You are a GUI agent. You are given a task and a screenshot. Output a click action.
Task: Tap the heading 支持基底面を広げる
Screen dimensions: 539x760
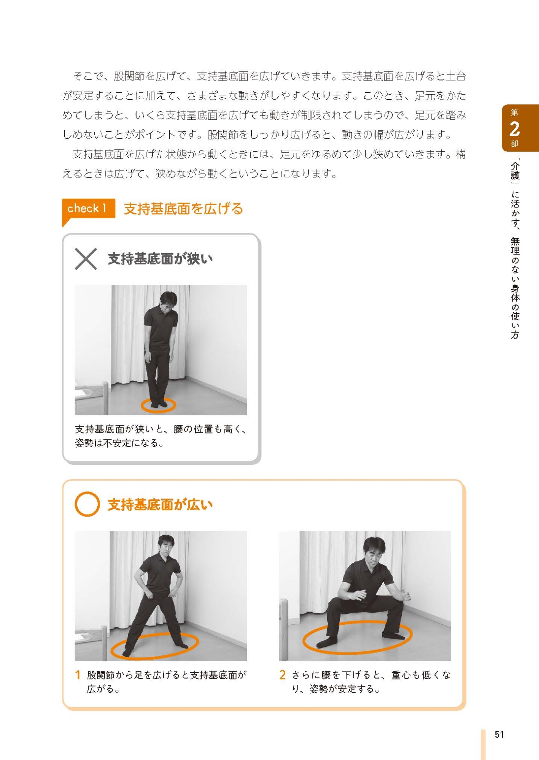(x=183, y=209)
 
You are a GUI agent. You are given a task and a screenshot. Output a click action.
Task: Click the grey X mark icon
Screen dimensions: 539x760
(x=86, y=259)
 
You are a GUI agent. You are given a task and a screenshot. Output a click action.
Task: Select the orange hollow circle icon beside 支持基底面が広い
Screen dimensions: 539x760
(x=87, y=504)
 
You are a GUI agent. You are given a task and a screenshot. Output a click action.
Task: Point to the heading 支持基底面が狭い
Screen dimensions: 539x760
(x=160, y=259)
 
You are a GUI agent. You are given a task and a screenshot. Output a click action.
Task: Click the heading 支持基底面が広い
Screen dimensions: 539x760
(x=160, y=505)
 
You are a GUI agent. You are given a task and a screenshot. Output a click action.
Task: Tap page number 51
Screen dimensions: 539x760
(x=499, y=735)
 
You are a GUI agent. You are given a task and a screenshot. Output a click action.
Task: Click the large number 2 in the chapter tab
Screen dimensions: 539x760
(x=514, y=129)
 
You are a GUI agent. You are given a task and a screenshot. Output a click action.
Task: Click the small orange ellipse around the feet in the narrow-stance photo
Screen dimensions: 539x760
(x=158, y=405)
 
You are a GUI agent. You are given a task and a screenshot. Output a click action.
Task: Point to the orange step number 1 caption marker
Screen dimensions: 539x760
(x=78, y=675)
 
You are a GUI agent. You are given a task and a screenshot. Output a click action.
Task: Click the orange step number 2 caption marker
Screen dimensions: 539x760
(x=282, y=675)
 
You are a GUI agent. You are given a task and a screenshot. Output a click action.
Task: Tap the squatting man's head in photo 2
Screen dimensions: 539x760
(x=374, y=550)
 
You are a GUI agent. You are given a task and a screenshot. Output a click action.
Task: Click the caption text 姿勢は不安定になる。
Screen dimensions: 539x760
(x=119, y=443)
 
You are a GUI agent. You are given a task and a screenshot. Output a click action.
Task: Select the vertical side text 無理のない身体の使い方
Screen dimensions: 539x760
(x=515, y=288)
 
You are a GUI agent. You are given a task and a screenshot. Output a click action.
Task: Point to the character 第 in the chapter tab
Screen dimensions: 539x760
(x=514, y=112)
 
